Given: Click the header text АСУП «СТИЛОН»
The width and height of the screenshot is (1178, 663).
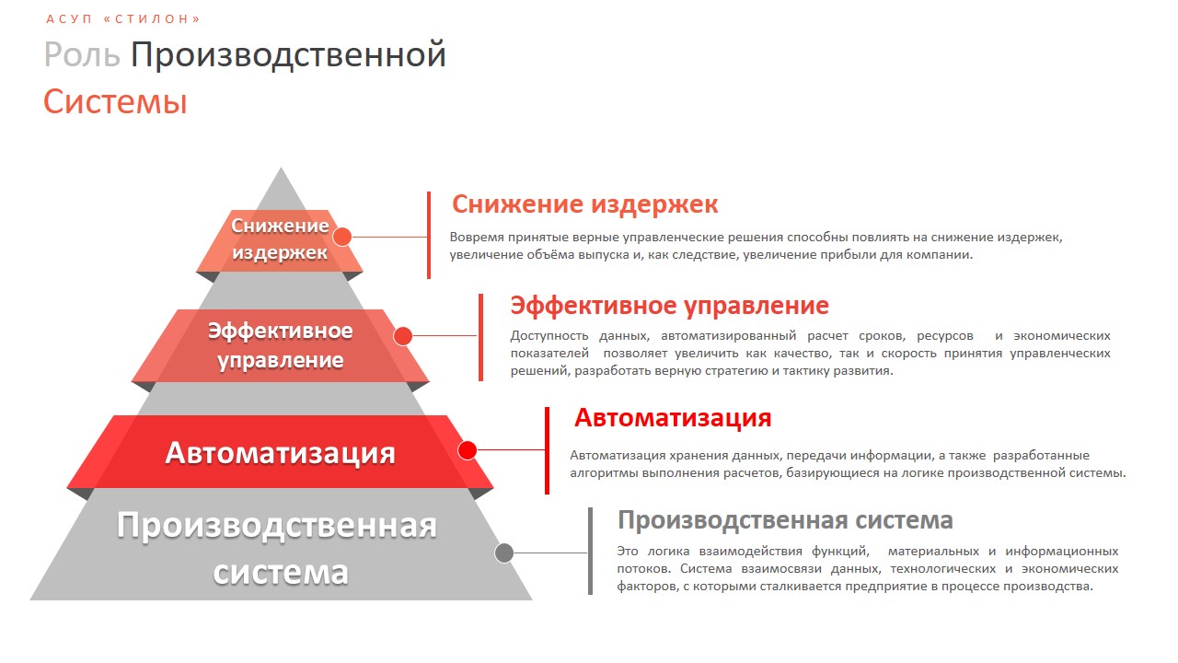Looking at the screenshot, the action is click(x=123, y=19).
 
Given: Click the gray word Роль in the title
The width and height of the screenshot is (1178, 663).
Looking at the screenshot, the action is click(x=82, y=54).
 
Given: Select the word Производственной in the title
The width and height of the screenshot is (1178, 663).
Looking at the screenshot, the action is click(x=288, y=54).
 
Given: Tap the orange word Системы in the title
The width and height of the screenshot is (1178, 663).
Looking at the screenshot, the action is click(x=115, y=101).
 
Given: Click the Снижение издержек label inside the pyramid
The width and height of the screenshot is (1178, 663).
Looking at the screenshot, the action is click(x=280, y=239).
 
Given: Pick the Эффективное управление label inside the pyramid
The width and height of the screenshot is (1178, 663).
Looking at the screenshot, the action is click(x=281, y=345).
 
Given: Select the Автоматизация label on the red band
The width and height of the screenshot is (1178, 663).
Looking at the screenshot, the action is click(x=280, y=453).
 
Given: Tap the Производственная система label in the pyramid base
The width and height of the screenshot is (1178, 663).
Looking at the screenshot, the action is click(x=277, y=548).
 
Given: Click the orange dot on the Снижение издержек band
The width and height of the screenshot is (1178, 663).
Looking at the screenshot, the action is click(x=342, y=237).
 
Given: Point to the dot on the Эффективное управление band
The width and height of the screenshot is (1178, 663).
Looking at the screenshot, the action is click(x=403, y=336).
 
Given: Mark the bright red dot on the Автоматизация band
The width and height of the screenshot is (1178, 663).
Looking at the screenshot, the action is click(x=467, y=450).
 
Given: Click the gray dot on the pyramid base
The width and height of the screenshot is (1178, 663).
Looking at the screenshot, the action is click(x=504, y=553).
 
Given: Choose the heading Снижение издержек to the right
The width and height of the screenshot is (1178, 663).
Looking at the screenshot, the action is click(x=584, y=204).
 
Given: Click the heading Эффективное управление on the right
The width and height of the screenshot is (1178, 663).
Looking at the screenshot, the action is click(x=669, y=306).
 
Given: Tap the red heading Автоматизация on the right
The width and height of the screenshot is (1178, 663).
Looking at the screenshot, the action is click(x=673, y=418).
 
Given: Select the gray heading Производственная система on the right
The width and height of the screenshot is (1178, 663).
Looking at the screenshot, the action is click(x=785, y=520).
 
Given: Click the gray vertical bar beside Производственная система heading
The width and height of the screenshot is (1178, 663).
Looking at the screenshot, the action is click(x=590, y=552).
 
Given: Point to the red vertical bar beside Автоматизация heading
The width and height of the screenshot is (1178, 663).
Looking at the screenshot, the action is click(x=547, y=450).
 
